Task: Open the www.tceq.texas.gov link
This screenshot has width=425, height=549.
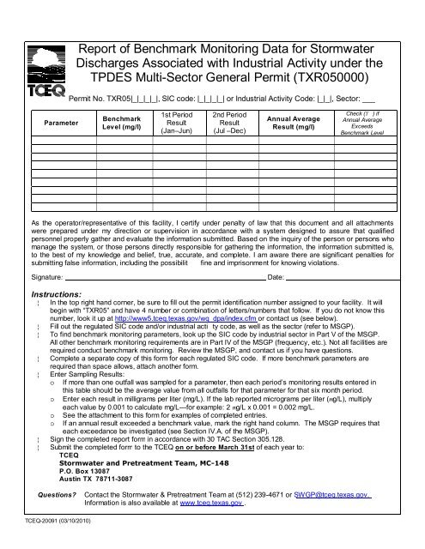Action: point(207,504)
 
